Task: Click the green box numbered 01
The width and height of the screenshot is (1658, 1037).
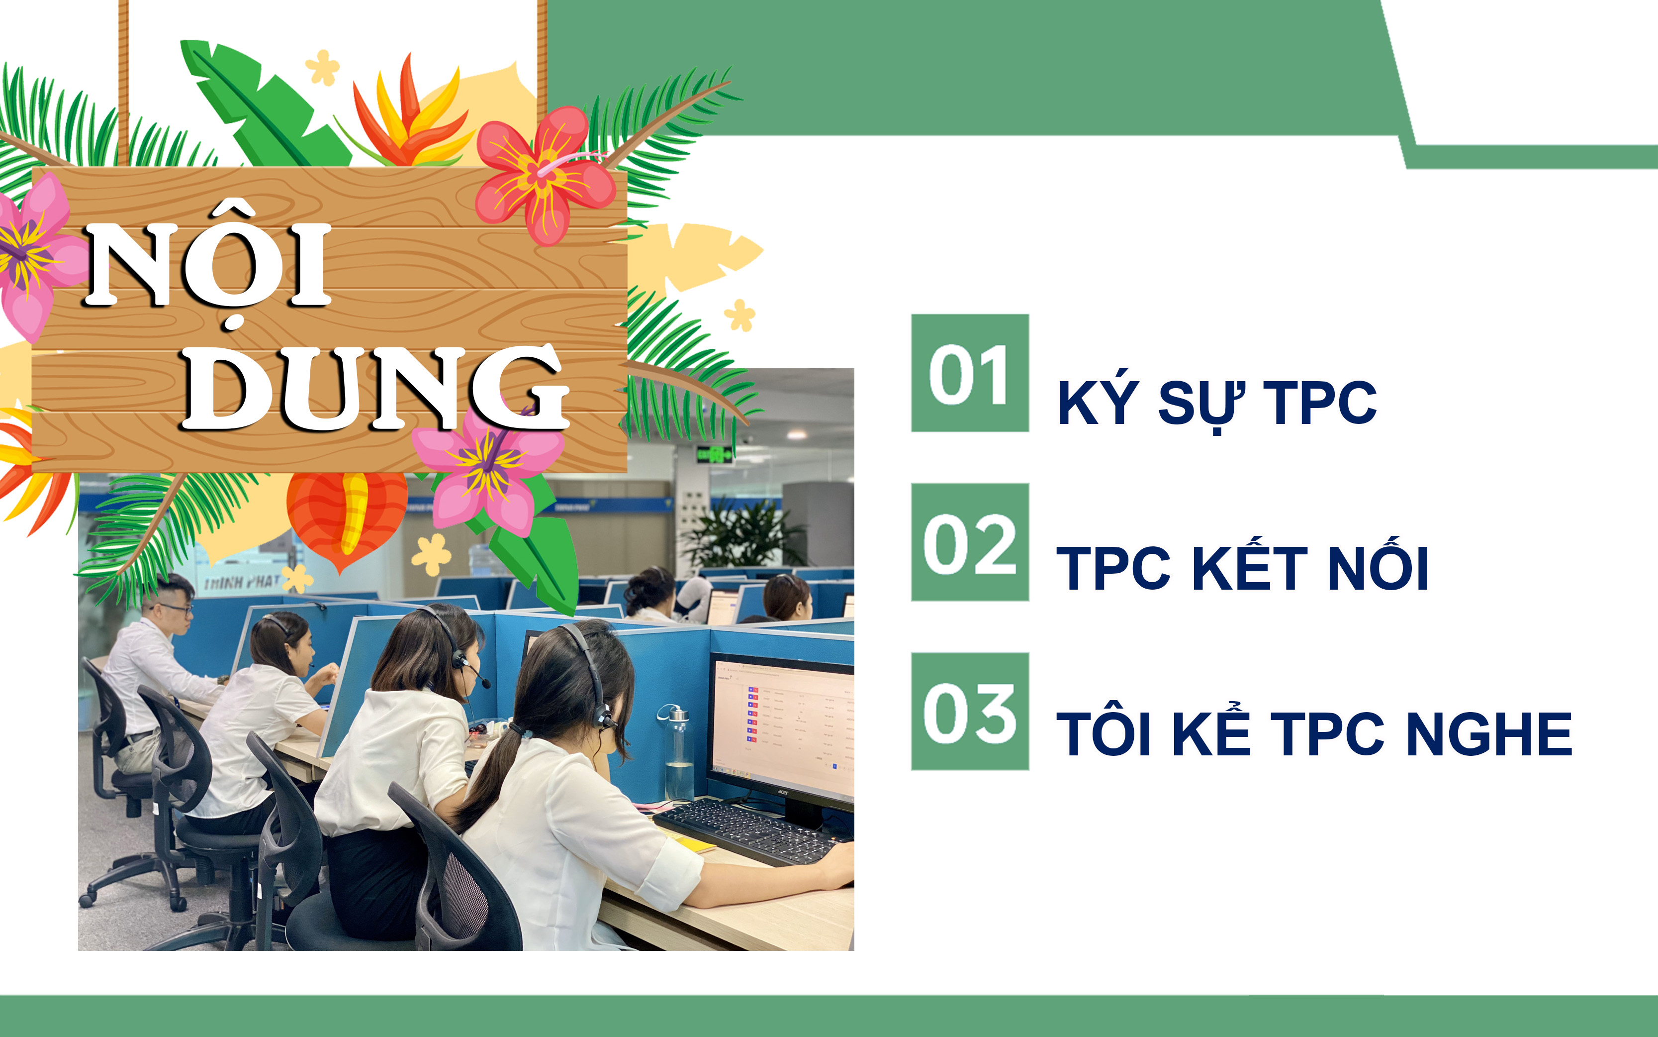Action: [x=970, y=373]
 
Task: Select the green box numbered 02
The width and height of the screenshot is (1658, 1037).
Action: [x=970, y=542]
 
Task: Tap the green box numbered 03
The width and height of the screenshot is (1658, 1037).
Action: [x=970, y=711]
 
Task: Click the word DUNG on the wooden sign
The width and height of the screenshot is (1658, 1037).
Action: [x=375, y=388]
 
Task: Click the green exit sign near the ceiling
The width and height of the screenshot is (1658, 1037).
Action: [x=714, y=453]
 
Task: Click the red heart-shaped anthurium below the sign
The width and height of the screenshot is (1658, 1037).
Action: [x=346, y=518]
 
